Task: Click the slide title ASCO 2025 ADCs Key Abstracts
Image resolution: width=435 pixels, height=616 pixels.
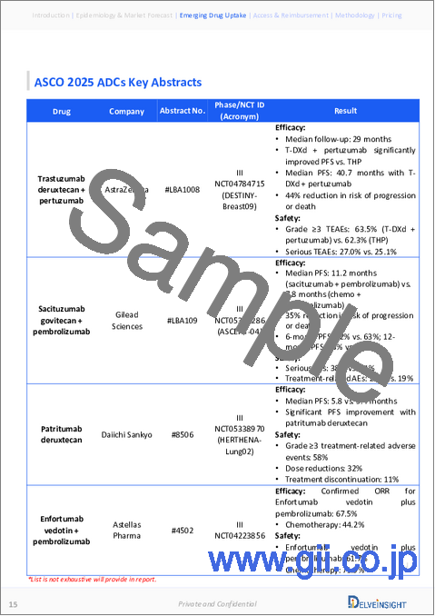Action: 118,83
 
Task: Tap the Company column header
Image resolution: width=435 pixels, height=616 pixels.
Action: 127,112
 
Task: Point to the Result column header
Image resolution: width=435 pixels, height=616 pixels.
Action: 344,112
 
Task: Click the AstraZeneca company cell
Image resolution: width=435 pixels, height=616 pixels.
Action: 127,194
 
